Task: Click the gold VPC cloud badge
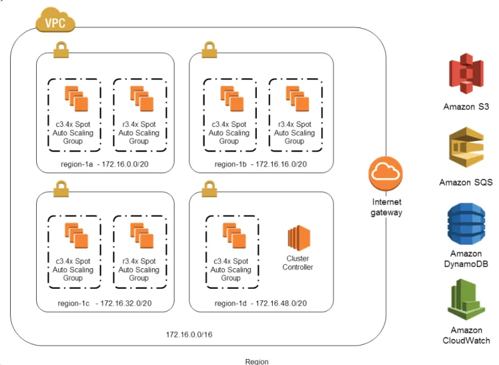tap(55, 20)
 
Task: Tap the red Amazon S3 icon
tap(466, 74)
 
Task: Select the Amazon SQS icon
tap(466, 147)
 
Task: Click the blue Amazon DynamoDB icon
tap(466, 225)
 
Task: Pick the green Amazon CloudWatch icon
tap(466, 300)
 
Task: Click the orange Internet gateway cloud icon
tap(386, 173)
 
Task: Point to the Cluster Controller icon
tap(299, 238)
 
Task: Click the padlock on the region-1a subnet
tap(61, 49)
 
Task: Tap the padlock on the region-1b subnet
tap(209, 49)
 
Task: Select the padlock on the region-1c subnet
tap(61, 189)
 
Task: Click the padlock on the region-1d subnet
tap(209, 189)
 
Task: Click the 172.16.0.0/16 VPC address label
tap(189, 334)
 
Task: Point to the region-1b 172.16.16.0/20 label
tap(261, 164)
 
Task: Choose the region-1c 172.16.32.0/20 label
tap(104, 303)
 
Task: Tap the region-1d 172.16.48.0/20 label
tap(261, 303)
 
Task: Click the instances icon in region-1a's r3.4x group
tap(142, 98)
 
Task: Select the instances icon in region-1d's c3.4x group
tap(234, 235)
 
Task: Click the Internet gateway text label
tap(387, 207)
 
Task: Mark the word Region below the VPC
tap(257, 362)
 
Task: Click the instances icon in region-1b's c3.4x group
tap(232, 98)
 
